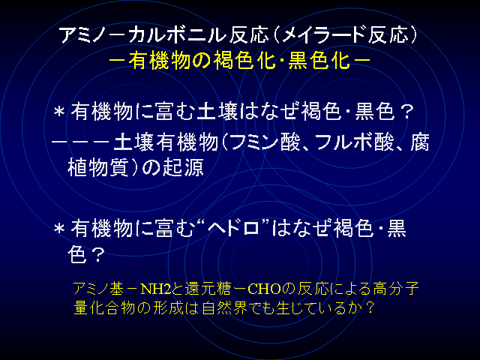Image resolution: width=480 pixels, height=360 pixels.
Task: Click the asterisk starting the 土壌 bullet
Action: tap(59, 112)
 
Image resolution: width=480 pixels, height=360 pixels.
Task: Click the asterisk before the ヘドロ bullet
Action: tap(59, 229)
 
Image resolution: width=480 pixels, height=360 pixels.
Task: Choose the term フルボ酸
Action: tap(355, 142)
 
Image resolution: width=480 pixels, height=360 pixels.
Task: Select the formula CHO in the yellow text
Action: tap(265, 289)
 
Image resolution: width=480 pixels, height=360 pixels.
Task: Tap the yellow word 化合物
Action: tap(104, 307)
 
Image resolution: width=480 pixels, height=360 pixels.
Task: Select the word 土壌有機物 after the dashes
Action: tap(165, 142)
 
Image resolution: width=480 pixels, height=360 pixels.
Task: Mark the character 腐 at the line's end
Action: tap(420, 142)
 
